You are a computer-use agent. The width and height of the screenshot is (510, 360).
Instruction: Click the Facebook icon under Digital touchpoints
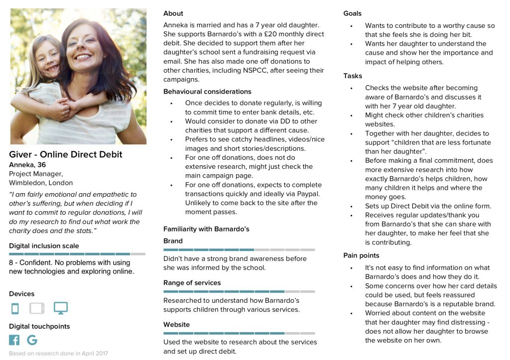(x=14, y=340)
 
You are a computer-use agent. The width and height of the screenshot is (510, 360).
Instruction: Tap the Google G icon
(x=32, y=340)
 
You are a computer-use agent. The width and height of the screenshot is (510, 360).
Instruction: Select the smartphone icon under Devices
(x=15, y=309)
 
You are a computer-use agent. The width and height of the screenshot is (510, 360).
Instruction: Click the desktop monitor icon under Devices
(x=61, y=308)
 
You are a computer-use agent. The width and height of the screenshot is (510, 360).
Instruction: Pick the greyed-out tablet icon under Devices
(x=37, y=309)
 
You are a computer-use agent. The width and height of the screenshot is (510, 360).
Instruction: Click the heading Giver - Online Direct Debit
(x=66, y=154)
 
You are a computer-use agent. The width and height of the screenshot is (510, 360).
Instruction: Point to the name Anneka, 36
(x=27, y=165)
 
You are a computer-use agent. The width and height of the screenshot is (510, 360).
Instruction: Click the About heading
(x=173, y=13)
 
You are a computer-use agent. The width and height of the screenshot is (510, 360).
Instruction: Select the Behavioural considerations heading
(x=207, y=92)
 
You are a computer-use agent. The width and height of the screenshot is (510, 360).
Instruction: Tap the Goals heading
(x=353, y=13)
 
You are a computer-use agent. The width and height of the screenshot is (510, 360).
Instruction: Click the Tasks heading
(x=353, y=76)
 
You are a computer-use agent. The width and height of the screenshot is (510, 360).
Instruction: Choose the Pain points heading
(x=361, y=255)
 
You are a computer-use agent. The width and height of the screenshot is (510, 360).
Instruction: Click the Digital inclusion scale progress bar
(x=77, y=254)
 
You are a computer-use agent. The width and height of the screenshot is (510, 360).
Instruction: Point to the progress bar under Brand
(x=239, y=249)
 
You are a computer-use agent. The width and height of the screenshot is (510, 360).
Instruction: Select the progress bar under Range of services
(x=239, y=291)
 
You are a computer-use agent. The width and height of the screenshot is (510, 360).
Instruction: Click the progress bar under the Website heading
(x=239, y=333)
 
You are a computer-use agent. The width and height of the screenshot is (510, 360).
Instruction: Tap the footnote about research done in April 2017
(x=58, y=354)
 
